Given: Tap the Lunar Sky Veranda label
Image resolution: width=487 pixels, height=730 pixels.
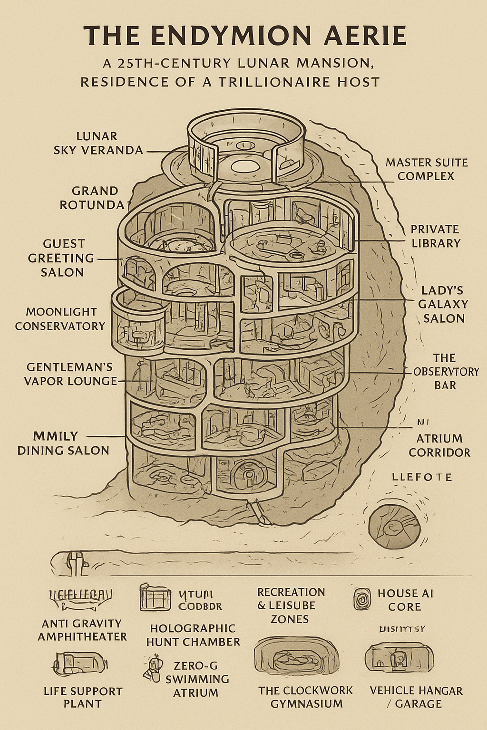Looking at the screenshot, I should point(98,143).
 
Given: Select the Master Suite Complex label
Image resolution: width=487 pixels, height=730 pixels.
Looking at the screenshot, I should point(426,169).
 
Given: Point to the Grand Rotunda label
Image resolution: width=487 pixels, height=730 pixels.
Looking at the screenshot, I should point(95,198).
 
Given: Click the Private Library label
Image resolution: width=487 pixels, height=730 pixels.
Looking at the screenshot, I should point(435,236).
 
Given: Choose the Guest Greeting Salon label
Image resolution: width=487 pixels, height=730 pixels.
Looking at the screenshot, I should point(62,258).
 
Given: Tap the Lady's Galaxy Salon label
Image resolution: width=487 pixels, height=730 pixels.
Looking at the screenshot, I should point(443,304).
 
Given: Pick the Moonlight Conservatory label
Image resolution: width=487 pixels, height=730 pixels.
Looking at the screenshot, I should point(60,319).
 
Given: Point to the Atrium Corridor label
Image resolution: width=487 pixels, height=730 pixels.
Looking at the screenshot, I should point(439,445).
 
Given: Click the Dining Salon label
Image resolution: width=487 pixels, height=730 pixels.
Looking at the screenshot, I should point(63,443).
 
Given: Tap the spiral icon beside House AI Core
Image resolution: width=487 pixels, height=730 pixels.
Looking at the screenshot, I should point(362,599).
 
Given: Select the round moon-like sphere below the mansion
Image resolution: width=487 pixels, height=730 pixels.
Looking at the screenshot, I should point(394,526).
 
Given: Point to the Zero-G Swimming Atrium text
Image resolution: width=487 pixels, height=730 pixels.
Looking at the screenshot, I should point(196,679).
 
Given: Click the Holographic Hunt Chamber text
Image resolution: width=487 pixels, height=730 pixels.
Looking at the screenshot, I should point(193,635).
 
